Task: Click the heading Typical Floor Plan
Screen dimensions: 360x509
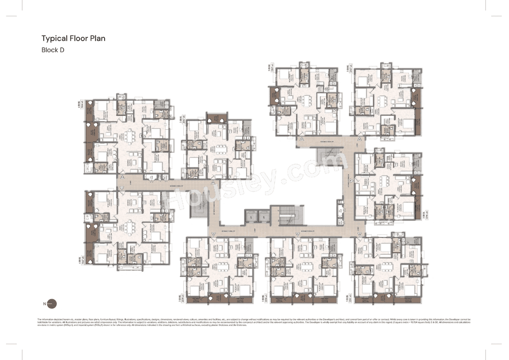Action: pos(73,39)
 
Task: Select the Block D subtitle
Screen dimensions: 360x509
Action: pos(53,50)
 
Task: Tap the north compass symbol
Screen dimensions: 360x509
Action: pos(52,304)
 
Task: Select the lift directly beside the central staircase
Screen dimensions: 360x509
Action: pos(264,216)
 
